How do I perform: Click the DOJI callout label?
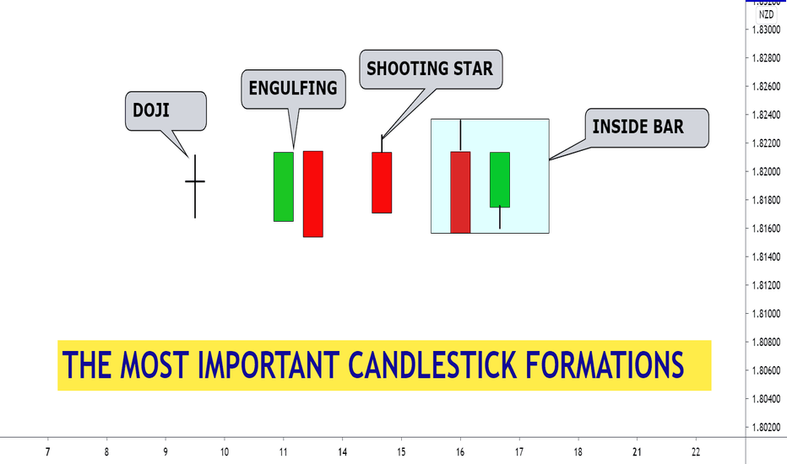(151, 111)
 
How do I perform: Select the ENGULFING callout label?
(293, 89)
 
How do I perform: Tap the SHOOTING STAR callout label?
(430, 68)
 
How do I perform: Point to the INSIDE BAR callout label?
(638, 127)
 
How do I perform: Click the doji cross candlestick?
(195, 181)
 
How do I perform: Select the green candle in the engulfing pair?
(284, 186)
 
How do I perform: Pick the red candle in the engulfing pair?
(313, 194)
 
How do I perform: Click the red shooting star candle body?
(382, 182)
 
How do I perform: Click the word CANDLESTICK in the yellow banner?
(432, 364)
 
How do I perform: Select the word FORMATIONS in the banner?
(605, 364)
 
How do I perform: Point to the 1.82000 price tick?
(766, 171)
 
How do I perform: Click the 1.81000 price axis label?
(766, 314)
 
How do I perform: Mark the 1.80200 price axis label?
(766, 428)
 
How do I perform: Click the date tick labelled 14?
(342, 452)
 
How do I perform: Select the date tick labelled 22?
(696, 452)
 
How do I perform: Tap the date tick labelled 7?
(47, 452)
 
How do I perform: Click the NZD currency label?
(766, 14)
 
